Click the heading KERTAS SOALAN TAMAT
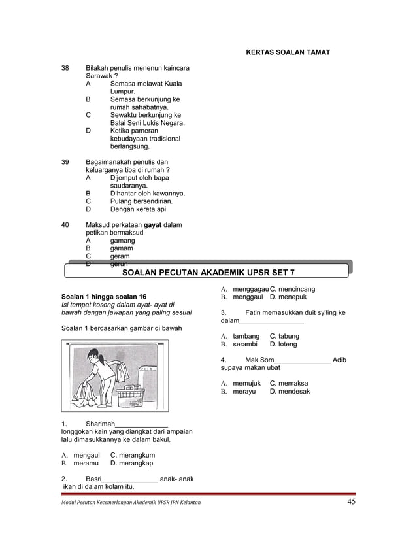pyautogui.click(x=287, y=52)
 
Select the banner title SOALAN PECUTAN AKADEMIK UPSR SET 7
pyautogui.click(x=208, y=271)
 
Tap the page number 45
pyautogui.click(x=351, y=502)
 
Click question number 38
pyautogui.click(x=65, y=68)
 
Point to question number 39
pyautogui.click(x=65, y=161)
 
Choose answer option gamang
pyautogui.click(x=122, y=241)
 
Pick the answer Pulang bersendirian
pyautogui.click(x=141, y=201)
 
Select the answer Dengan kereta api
pyautogui.click(x=139, y=209)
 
